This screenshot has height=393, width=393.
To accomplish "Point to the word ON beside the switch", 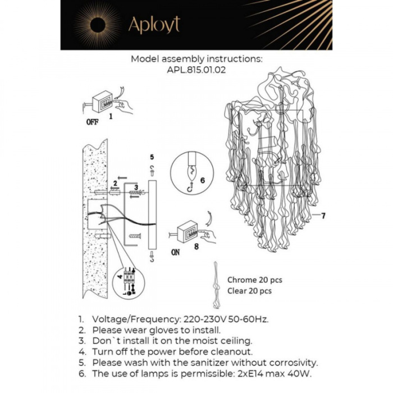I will coord(176,252).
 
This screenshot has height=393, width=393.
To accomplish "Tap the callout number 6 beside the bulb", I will coord(203,180).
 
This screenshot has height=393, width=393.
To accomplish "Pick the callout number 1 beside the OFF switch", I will coord(111,117).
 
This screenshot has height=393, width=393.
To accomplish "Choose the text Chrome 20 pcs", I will coord(254,280).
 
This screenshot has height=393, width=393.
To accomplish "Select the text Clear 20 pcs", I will coord(249,291).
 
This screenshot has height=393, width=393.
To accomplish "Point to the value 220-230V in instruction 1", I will coord(199,319).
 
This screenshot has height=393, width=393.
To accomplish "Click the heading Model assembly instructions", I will coord(196,58).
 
